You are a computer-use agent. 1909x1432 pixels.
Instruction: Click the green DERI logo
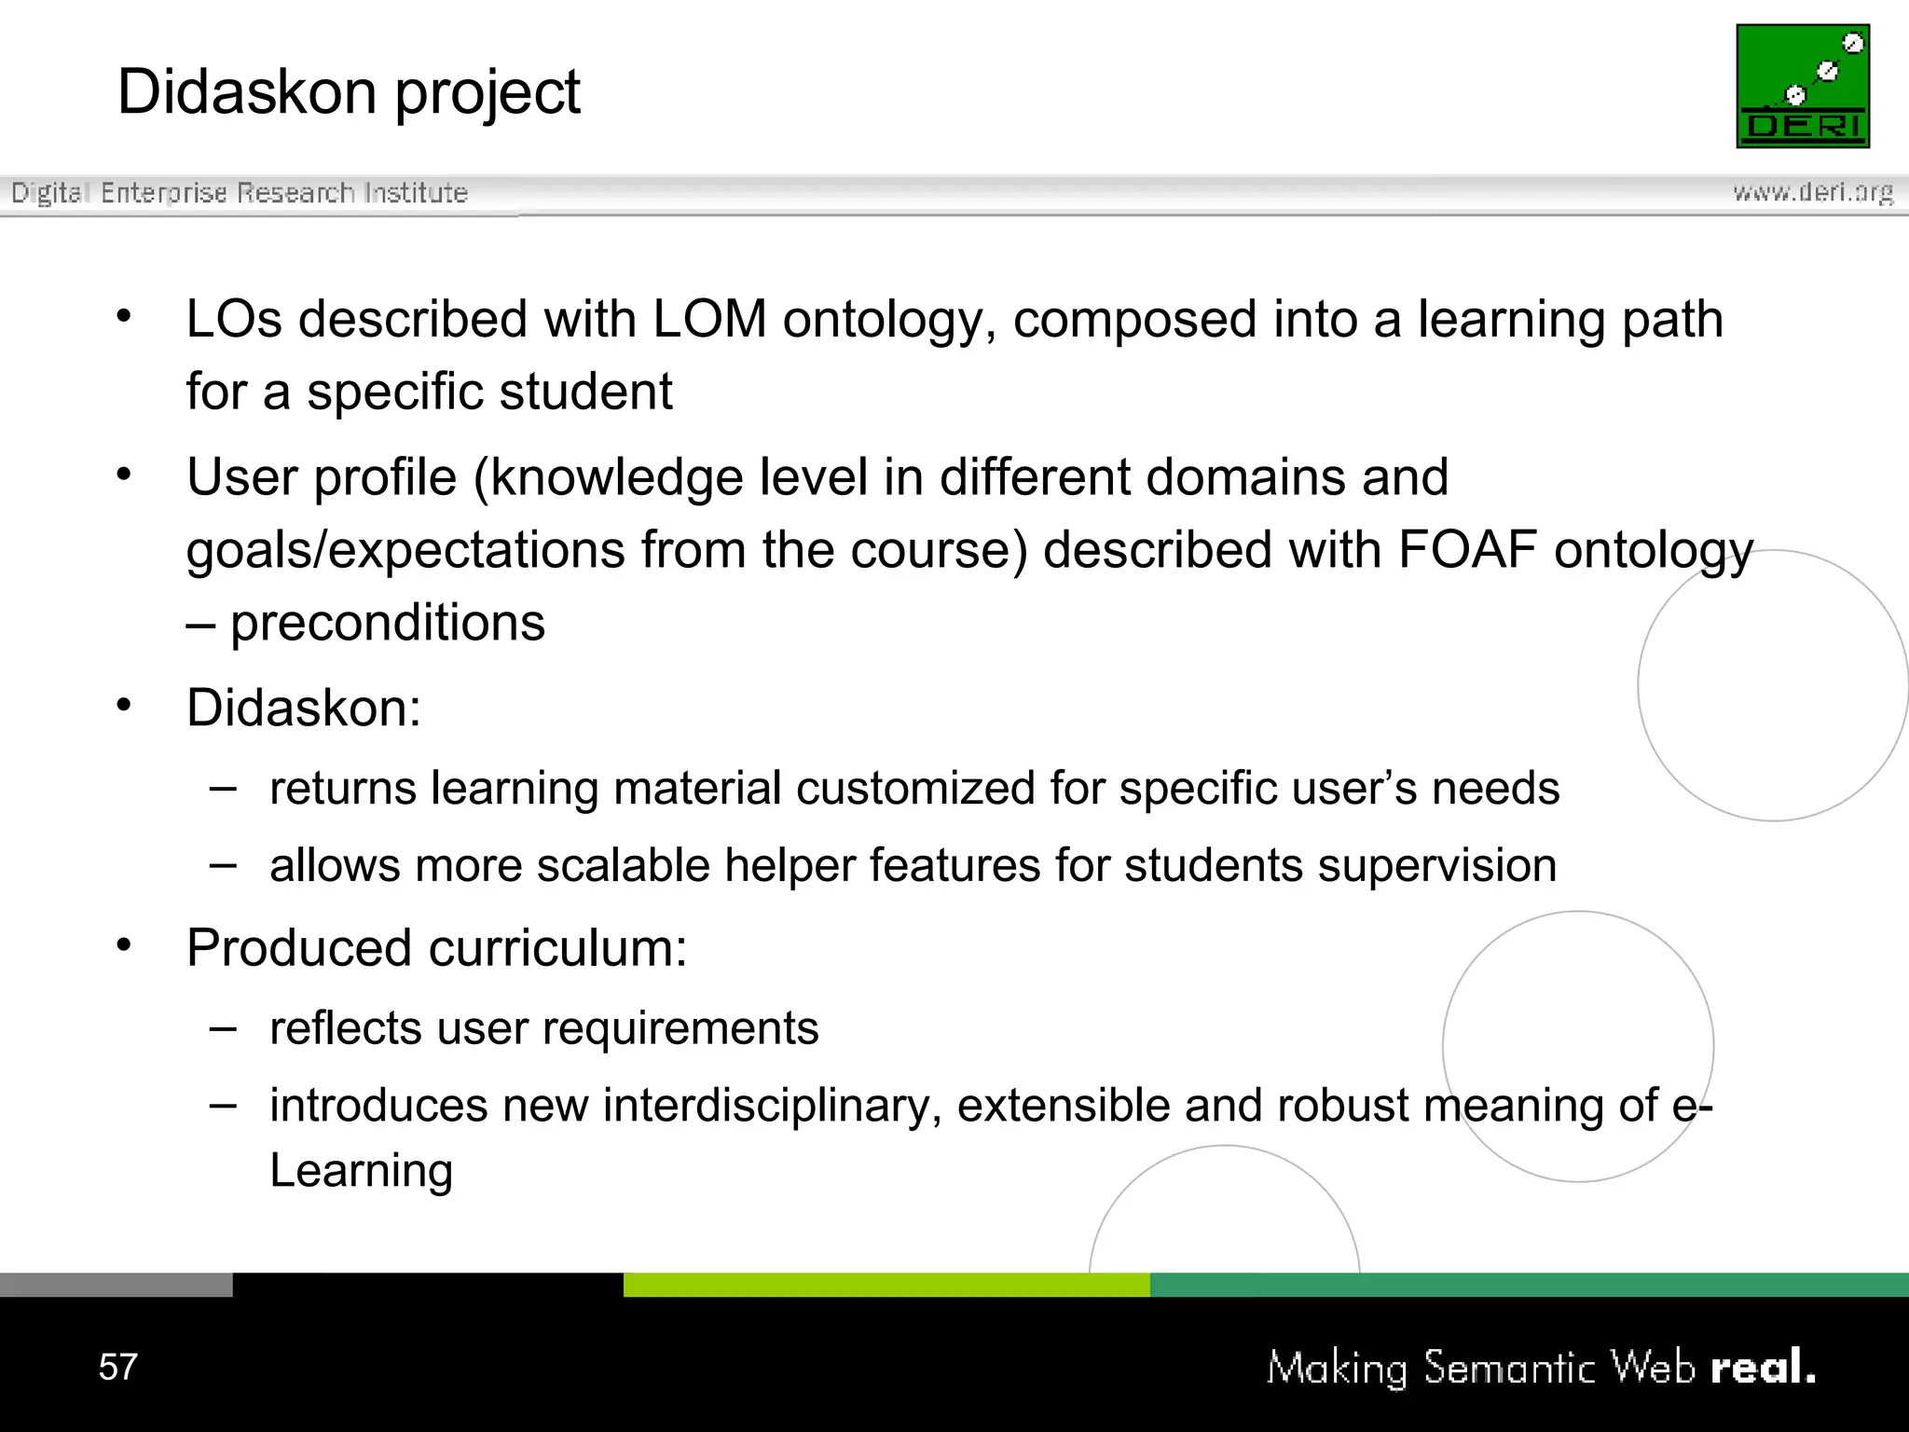[x=1803, y=86]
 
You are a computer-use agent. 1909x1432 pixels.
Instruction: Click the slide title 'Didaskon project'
[x=349, y=92]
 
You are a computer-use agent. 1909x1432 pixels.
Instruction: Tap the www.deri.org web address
[x=1813, y=192]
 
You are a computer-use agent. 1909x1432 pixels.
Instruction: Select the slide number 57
[x=117, y=1367]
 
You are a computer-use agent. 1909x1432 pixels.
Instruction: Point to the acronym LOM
[x=709, y=319]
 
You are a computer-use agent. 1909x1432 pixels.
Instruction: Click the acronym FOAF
[x=1467, y=549]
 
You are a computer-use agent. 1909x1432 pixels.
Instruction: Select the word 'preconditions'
[x=388, y=622]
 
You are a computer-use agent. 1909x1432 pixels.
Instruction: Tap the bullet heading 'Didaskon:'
[x=304, y=708]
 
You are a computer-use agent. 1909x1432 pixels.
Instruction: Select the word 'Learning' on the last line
[x=361, y=1170]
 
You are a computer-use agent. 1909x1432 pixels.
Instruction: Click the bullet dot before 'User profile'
[x=124, y=475]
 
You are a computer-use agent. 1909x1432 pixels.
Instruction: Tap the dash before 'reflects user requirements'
[x=223, y=1028]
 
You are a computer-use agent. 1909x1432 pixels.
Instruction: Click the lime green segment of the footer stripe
[x=886, y=1285]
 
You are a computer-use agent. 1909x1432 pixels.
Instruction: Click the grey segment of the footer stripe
[x=116, y=1285]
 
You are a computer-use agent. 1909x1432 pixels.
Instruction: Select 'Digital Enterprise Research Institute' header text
[x=240, y=193]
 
